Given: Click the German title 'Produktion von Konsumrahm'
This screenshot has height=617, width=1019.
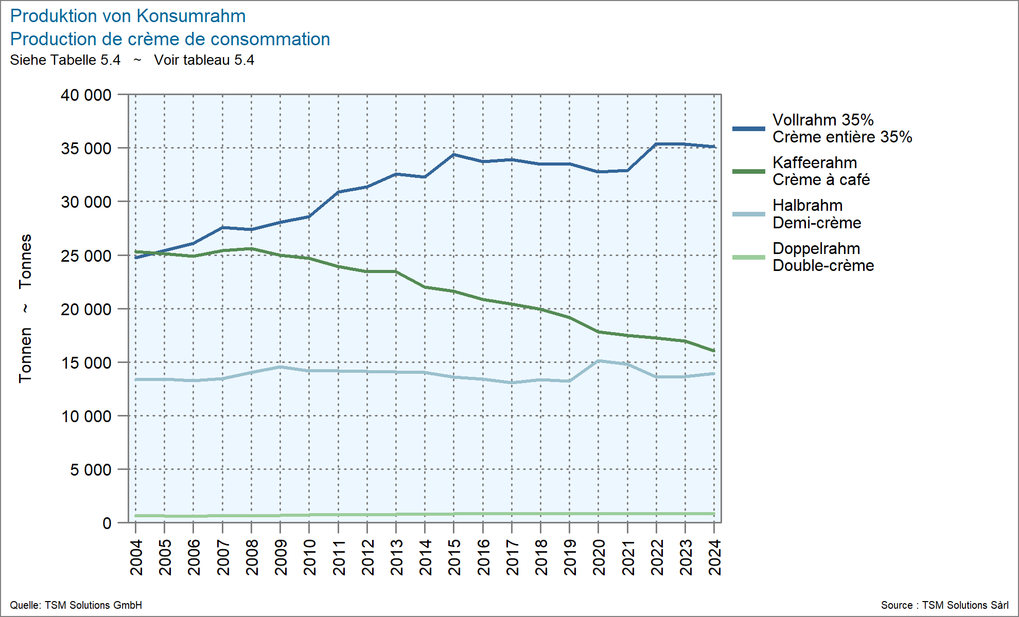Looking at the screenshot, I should click(x=128, y=16).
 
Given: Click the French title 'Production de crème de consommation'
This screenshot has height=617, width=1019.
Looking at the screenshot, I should click(x=170, y=39).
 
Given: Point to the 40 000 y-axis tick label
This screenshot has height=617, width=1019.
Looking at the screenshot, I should click(x=86, y=95).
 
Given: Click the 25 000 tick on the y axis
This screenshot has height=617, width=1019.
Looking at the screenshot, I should click(x=86, y=256).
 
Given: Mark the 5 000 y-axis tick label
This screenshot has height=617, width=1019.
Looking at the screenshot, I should click(x=91, y=469).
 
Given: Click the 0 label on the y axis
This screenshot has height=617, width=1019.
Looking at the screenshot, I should click(x=107, y=523).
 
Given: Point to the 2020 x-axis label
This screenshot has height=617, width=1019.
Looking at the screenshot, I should click(x=599, y=557).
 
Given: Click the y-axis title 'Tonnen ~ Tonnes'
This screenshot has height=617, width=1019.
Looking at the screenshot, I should click(x=25, y=308).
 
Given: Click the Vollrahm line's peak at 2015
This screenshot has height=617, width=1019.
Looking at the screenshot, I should click(x=454, y=154).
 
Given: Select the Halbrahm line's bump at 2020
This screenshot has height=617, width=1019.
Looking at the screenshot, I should click(x=599, y=361).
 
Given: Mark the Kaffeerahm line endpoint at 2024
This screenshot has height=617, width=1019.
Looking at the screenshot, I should click(x=714, y=351).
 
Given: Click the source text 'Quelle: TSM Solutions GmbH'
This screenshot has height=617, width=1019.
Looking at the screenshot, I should click(x=76, y=605).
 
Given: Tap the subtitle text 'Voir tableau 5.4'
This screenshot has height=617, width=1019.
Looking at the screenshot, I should click(x=204, y=60).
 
